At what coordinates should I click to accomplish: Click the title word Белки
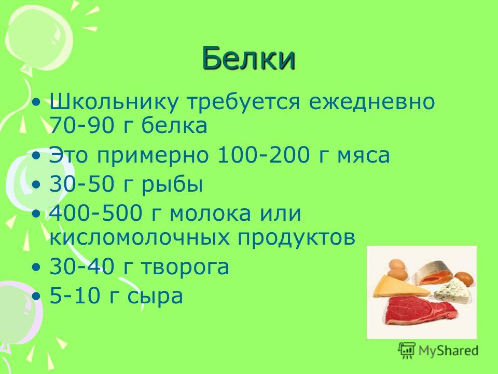click(248, 58)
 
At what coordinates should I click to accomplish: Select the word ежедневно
click(371, 102)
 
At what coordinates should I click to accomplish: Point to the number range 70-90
click(81, 125)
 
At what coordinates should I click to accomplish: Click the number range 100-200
click(264, 155)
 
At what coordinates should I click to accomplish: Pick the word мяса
click(363, 156)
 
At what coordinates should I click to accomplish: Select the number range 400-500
click(95, 213)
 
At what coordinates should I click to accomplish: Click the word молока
click(210, 213)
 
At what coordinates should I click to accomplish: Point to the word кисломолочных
click(140, 237)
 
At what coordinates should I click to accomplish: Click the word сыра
click(155, 297)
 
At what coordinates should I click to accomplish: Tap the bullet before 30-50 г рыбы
click(37, 184)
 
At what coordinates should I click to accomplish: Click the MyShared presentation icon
click(407, 351)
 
